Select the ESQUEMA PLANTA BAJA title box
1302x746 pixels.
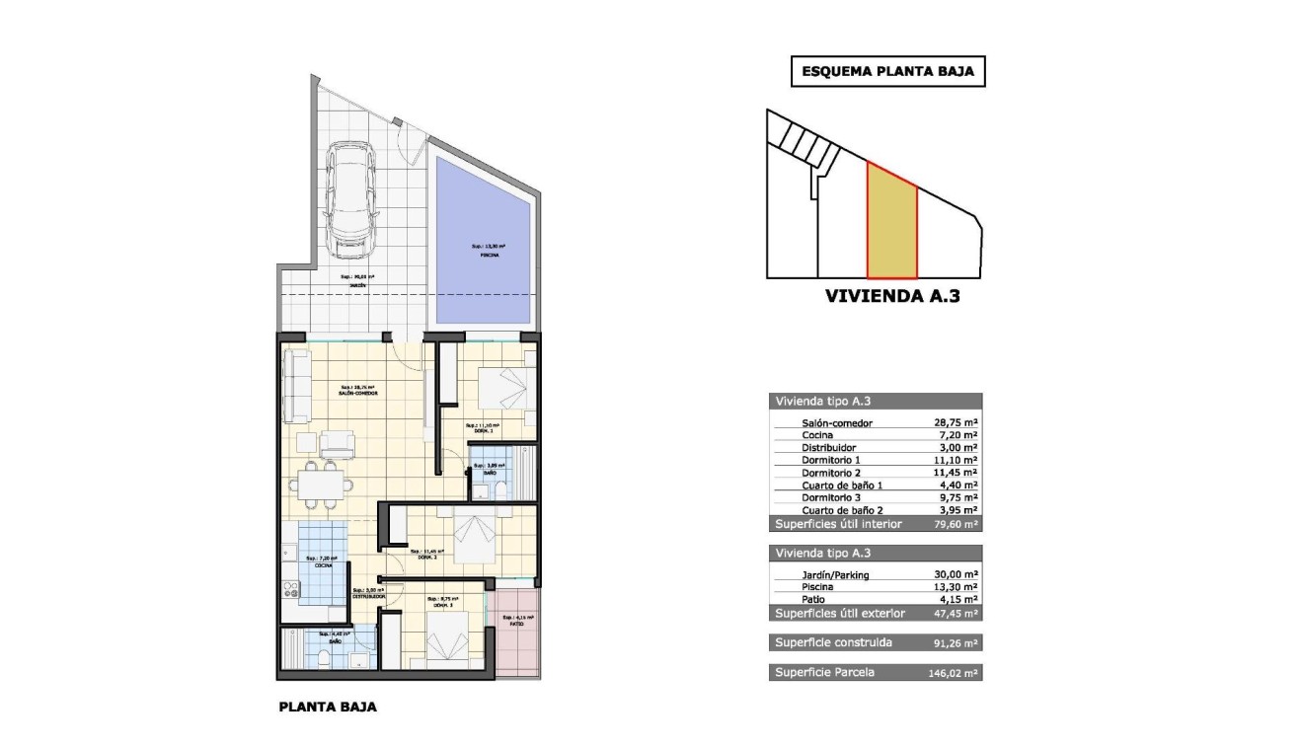[x=888, y=72]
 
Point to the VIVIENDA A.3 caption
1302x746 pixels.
[x=891, y=295]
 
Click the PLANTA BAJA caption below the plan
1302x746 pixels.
[x=328, y=707]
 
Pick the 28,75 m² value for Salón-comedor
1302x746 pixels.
[x=956, y=422]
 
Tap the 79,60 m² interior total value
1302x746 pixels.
[x=956, y=524]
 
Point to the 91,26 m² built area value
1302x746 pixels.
[x=956, y=642]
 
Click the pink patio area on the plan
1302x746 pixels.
[x=518, y=632]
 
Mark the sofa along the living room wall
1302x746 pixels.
[x=293, y=385]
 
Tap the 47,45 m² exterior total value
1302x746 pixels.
[x=956, y=613]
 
